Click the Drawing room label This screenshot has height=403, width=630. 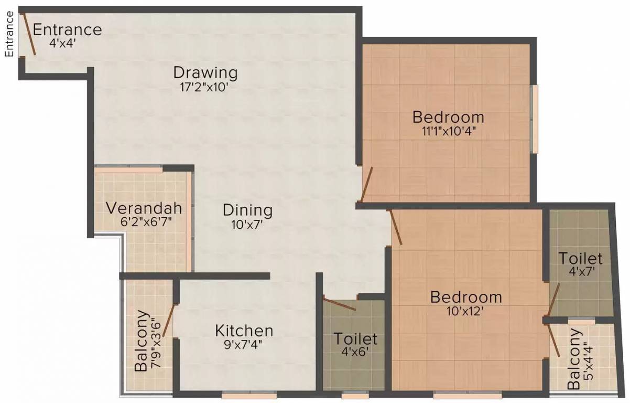pos(205,72)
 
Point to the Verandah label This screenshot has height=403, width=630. pos(144,208)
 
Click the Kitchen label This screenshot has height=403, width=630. pos(244,331)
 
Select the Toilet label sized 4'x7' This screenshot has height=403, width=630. pos(580,259)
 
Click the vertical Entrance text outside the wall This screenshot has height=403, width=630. pos(9,34)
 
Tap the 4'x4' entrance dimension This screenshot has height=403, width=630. pos(63,44)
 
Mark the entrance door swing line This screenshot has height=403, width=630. pos(28,34)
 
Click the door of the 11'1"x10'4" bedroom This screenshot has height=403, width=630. pos(366,184)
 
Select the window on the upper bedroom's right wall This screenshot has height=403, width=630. pos(535,119)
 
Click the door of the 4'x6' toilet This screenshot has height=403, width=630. pos(340,304)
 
